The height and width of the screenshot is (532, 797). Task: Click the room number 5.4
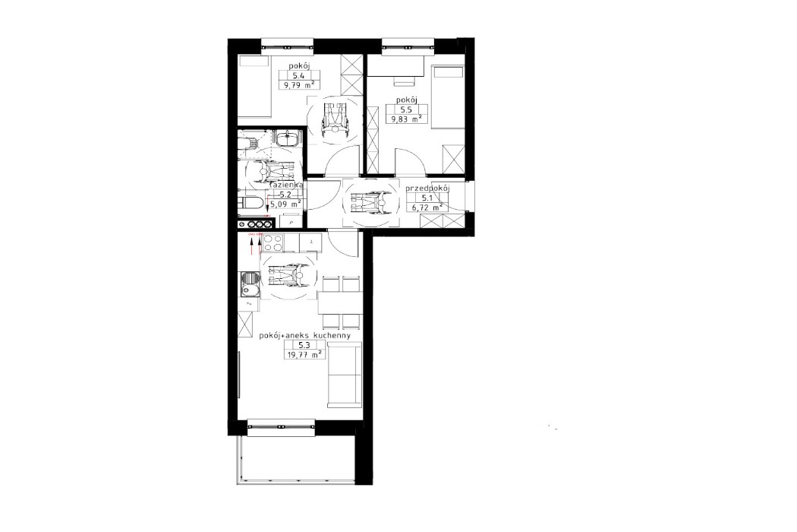coord(298,75)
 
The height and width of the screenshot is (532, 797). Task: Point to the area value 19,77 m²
coord(304,353)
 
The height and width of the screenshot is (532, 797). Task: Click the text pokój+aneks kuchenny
coord(304,334)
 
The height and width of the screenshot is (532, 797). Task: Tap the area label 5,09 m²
coord(286,204)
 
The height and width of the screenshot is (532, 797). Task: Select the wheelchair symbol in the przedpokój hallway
coord(368,203)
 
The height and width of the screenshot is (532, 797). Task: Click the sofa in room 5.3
coord(345,373)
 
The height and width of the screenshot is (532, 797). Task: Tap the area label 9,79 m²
coord(298,86)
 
